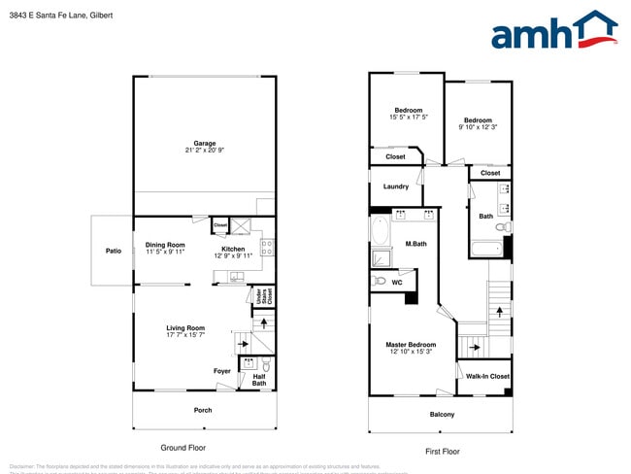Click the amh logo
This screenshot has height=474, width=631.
click(x=553, y=31)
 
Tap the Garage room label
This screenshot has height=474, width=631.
click(x=204, y=143)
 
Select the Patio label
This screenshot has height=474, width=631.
click(x=114, y=252)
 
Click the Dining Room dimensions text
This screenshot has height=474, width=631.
click(x=164, y=252)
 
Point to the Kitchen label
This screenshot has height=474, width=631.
click(x=233, y=249)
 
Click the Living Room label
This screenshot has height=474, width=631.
click(x=184, y=328)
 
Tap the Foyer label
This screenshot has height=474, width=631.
click(x=222, y=371)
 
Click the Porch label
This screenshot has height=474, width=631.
click(x=202, y=410)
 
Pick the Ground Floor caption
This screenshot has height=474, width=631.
click(x=183, y=448)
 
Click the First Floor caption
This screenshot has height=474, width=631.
click(x=442, y=452)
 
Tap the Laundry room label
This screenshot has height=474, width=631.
click(x=395, y=186)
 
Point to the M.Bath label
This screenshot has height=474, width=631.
click(x=416, y=243)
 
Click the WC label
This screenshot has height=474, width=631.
click(x=398, y=282)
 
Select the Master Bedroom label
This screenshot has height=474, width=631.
click(x=411, y=345)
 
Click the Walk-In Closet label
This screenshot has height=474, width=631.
click(x=487, y=376)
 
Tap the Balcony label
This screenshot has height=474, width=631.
click(x=442, y=415)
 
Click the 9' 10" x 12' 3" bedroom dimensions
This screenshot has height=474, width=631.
click(x=477, y=127)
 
